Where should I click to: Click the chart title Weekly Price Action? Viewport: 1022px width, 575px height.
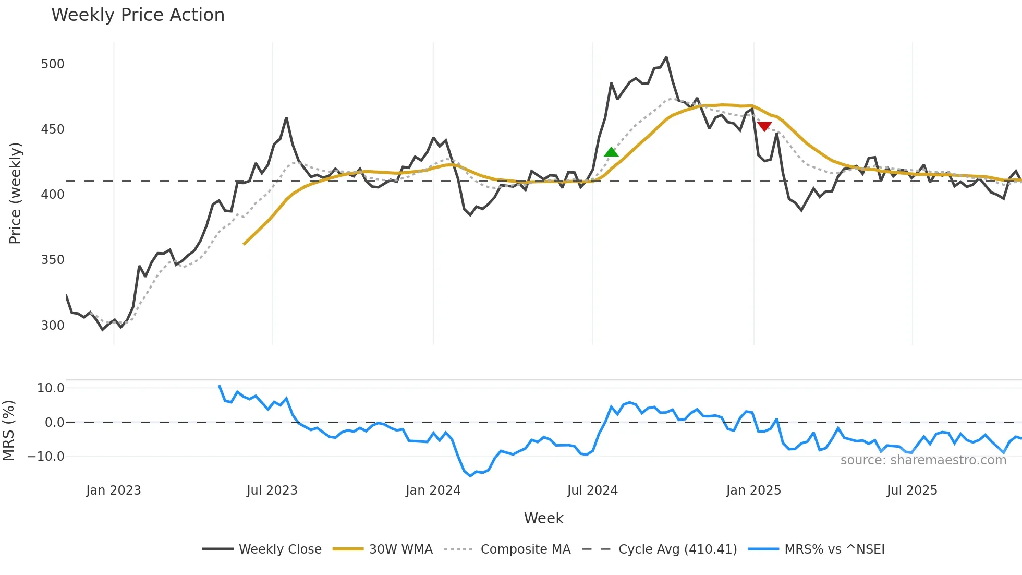click(138, 15)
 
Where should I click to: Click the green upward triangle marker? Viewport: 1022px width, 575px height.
click(611, 152)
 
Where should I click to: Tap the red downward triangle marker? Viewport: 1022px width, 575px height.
click(764, 126)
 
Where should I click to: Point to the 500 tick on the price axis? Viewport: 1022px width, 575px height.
click(53, 64)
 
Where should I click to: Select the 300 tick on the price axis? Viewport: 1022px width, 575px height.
click(53, 326)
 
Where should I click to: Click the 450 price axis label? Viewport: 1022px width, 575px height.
click(53, 129)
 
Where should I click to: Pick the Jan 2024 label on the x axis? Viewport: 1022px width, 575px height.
click(433, 490)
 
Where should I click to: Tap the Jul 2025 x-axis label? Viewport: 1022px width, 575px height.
click(911, 490)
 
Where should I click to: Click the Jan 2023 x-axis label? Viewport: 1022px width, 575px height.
click(113, 490)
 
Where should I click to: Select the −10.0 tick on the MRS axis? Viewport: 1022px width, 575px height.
click(46, 457)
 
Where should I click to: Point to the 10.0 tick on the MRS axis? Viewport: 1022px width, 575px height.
click(51, 388)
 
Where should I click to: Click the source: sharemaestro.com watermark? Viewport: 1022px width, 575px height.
click(923, 460)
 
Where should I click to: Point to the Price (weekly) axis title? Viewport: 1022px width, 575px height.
click(15, 193)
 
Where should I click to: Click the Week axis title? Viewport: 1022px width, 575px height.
click(543, 518)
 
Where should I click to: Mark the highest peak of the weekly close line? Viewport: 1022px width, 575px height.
click(666, 57)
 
